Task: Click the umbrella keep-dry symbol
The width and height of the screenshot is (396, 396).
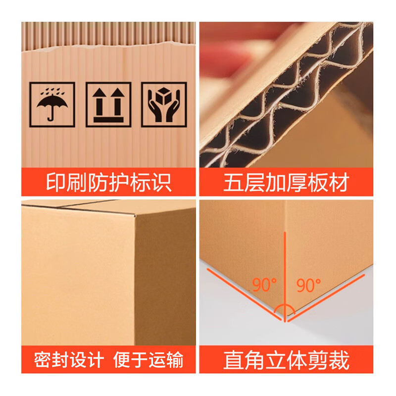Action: pyautogui.click(x=52, y=104)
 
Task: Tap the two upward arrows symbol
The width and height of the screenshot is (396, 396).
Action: pyautogui.click(x=108, y=104)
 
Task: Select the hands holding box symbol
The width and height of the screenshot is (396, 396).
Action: pyautogui.click(x=164, y=104)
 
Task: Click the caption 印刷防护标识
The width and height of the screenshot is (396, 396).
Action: pyautogui.click(x=109, y=183)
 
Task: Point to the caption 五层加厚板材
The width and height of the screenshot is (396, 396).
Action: pyautogui.click(x=286, y=183)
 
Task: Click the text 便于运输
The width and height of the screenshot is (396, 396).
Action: pyautogui.click(x=148, y=359)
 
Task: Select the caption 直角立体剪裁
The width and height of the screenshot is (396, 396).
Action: pyautogui.click(x=286, y=359)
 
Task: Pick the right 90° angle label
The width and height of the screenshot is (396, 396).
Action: pyautogui.click(x=308, y=285)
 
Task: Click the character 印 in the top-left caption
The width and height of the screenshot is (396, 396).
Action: pyautogui.click(x=56, y=183)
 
